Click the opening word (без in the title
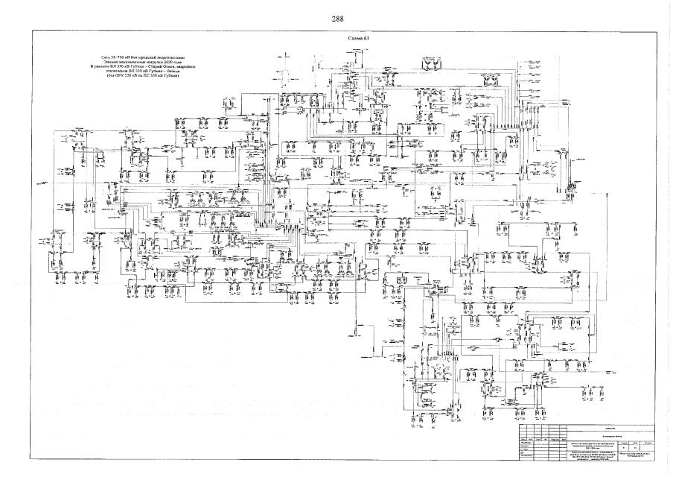click(109, 77)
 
